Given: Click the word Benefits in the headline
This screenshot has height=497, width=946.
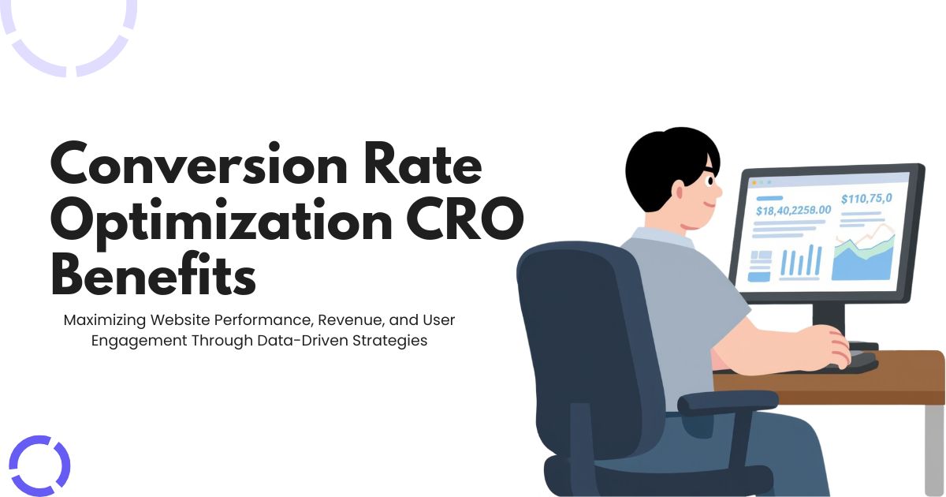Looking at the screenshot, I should coord(153,276).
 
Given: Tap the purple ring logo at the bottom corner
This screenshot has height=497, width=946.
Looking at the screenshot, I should coord(39,465).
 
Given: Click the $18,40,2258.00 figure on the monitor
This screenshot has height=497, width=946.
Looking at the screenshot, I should coord(793,211).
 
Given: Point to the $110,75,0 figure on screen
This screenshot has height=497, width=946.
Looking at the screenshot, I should coord(866,199).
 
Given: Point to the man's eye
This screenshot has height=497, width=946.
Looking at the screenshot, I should coord(709,181).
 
